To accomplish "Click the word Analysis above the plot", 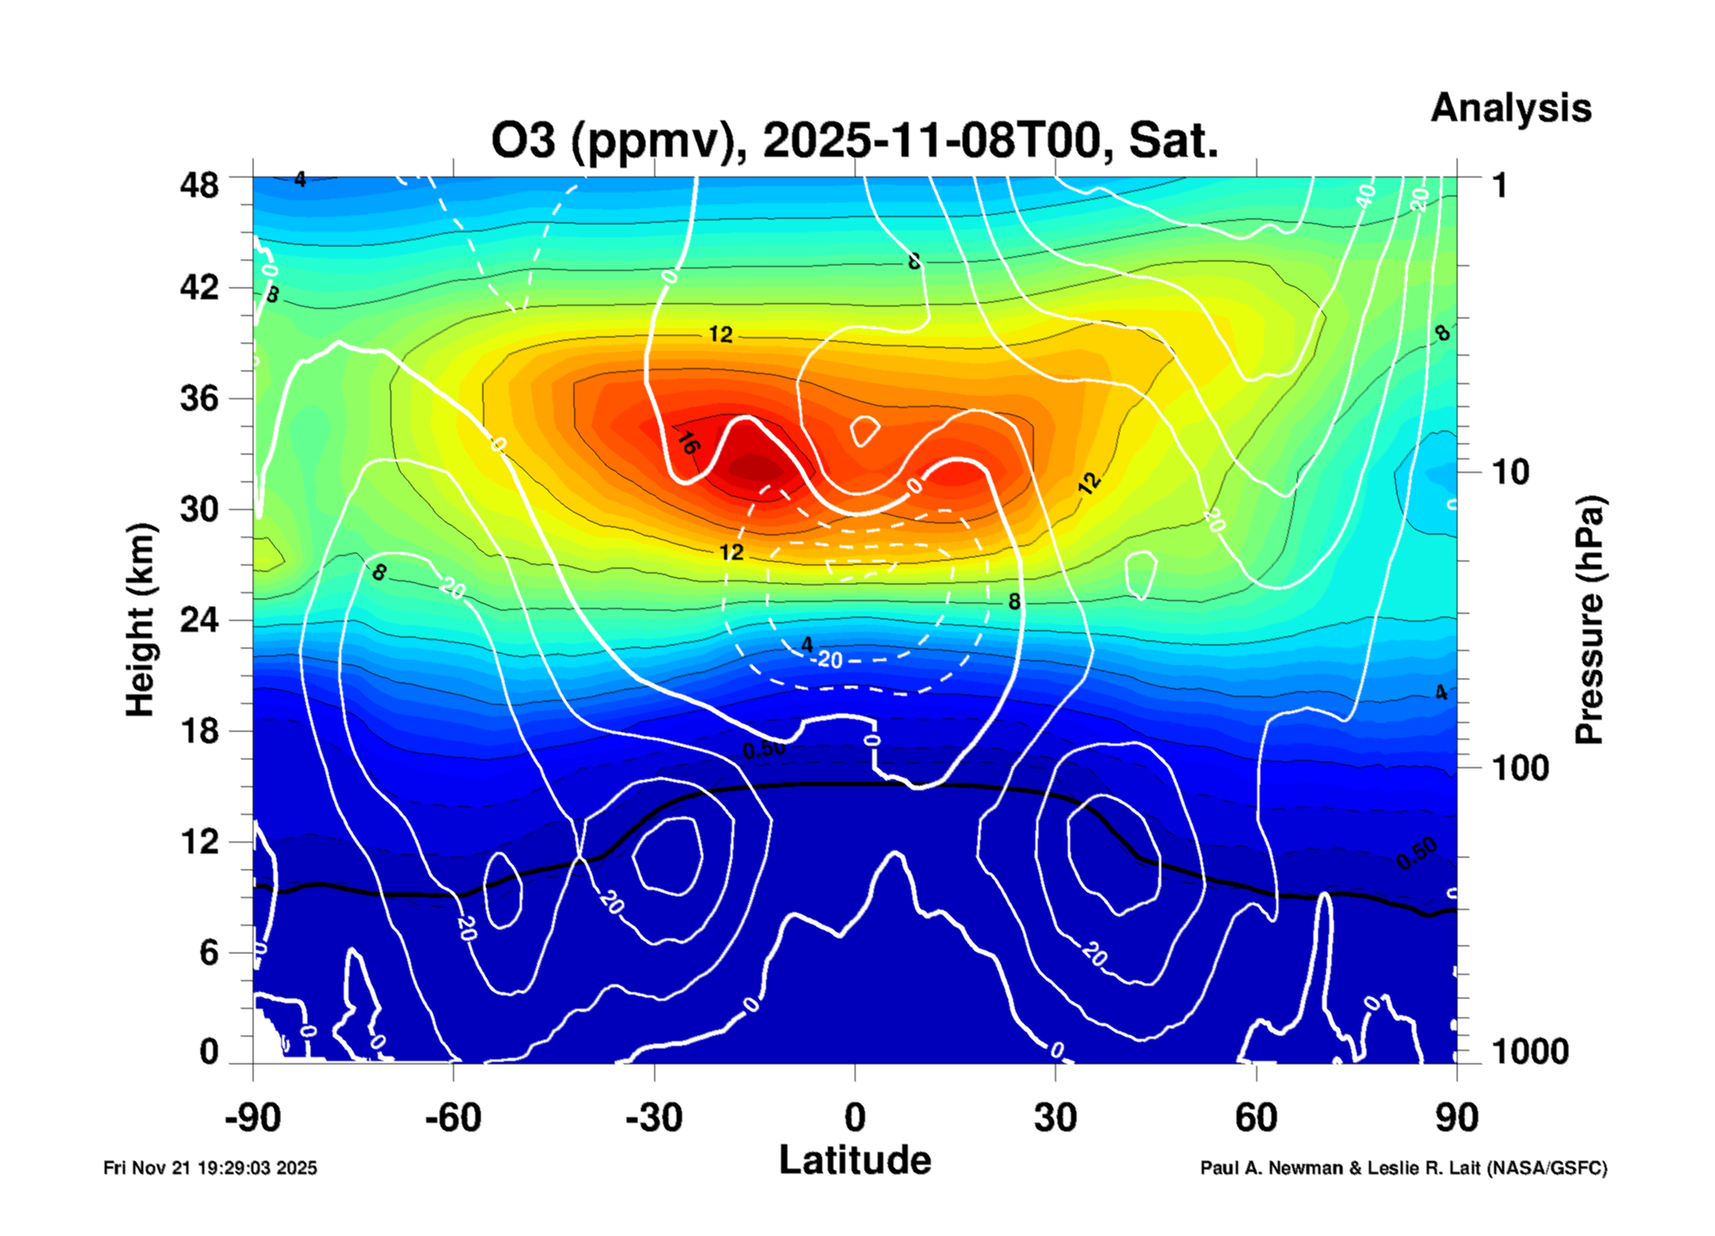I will click(1510, 108).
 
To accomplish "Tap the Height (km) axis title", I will click(141, 620).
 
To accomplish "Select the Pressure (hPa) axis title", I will click(1588, 620).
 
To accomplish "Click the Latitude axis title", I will click(855, 1161).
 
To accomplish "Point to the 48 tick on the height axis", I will click(199, 185).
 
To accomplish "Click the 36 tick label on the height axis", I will click(199, 397).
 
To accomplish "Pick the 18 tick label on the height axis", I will click(199, 731).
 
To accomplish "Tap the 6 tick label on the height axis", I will click(208, 953).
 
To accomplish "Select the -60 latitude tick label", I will click(452, 1118).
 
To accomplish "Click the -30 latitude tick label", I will click(654, 1118).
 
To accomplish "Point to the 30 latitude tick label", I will click(1055, 1118).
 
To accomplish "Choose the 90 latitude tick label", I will click(1457, 1118).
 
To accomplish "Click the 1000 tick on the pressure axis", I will click(1530, 1052).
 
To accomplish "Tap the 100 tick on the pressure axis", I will click(1520, 768).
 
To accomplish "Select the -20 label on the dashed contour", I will click(829, 659).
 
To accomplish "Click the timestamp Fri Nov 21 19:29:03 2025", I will click(210, 1168).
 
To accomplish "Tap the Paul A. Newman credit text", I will click(1403, 1168).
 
